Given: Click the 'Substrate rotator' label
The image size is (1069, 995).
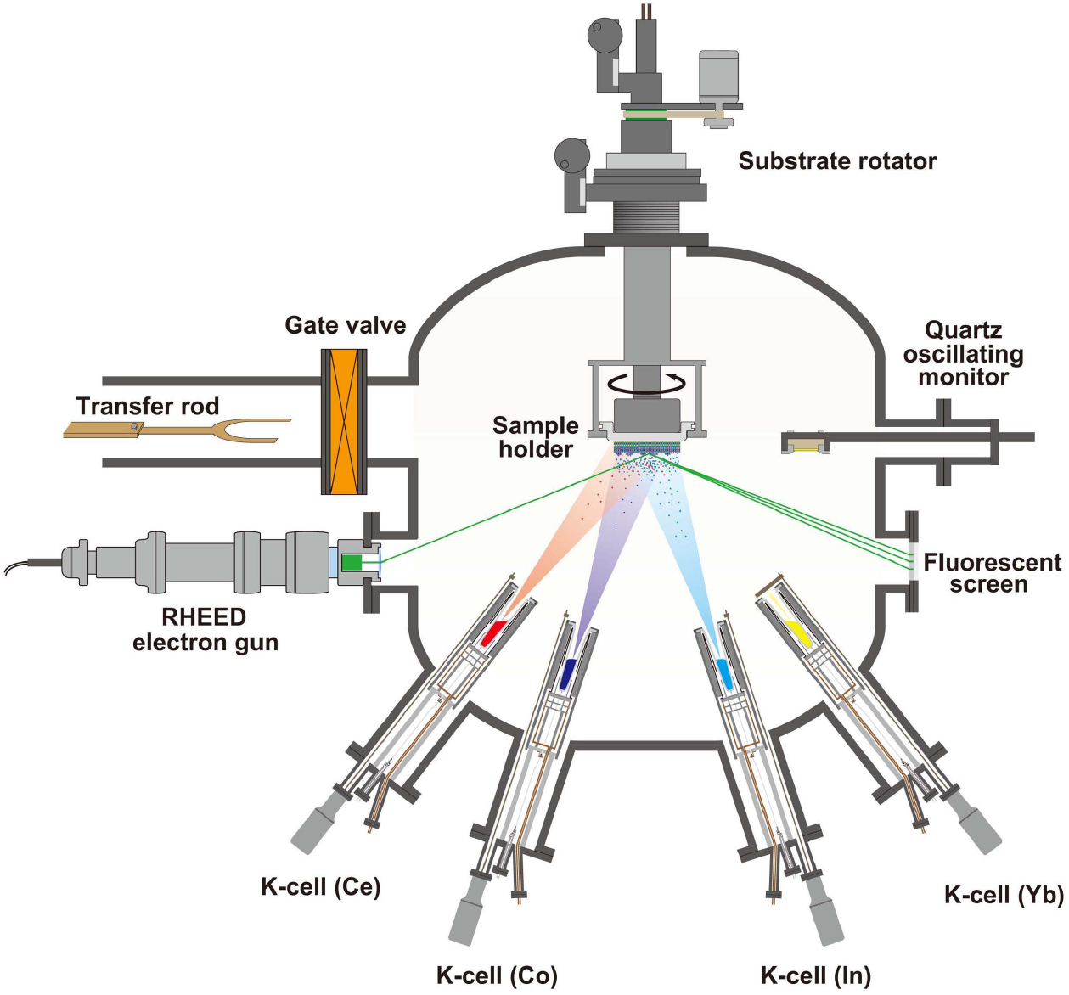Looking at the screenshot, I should pos(837,161).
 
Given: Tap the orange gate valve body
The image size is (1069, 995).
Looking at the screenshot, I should pos(344,422).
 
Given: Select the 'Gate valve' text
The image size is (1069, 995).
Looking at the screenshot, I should pos(345,325).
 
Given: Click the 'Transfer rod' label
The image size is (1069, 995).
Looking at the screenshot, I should pos(147,406).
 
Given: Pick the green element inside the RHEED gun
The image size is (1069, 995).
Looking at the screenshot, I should pos(351,562).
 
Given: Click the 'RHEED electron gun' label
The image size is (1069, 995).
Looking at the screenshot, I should pos(205,629).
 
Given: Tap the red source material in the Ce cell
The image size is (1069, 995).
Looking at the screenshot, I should pos(493,632).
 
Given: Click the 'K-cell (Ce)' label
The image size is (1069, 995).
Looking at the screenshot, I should pos(320,887).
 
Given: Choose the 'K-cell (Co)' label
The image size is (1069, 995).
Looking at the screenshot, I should pos(497,975).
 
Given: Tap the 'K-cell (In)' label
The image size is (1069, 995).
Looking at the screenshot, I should pos(815,975).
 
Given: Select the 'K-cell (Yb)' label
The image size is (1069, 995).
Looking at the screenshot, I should pos(1004,895).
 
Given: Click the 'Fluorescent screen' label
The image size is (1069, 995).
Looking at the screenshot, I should pos(992,573).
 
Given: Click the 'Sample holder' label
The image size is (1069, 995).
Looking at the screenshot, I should pos(536,437).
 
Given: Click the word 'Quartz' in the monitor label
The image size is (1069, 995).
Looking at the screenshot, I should pos(963,330).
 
